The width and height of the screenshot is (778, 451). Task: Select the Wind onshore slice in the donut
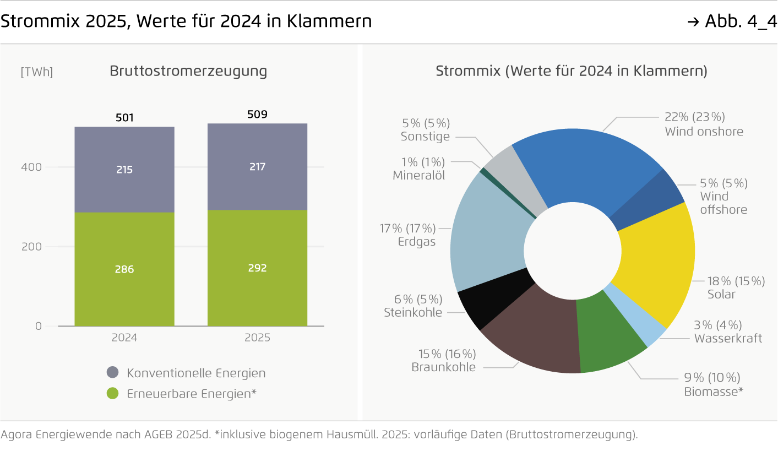584,165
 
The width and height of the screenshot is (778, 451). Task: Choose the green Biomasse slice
606,341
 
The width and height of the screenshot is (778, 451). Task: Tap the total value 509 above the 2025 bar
257,115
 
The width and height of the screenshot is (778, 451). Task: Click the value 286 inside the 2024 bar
124,269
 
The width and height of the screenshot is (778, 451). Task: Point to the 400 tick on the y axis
31,167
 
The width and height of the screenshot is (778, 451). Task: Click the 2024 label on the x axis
124,338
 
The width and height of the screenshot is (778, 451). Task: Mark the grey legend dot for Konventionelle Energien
113,373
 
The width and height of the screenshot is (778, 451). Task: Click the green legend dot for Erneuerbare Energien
113,394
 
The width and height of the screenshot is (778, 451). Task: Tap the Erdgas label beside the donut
417,241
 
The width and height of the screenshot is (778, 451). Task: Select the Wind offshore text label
723,203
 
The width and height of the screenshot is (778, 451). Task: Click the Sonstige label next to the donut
425,137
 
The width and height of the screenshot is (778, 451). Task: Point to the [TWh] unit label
37,72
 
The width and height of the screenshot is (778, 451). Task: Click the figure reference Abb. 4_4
741,21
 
